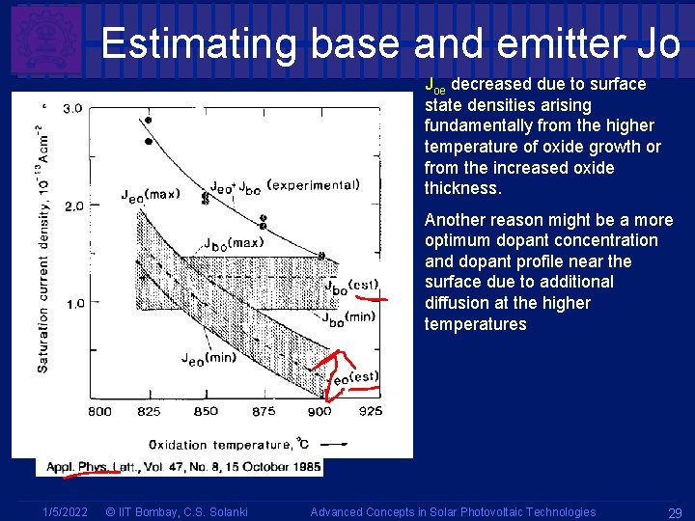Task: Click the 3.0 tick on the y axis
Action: pos(73,109)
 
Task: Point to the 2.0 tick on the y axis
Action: pos(73,206)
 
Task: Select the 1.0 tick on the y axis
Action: pos(73,303)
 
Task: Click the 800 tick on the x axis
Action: pos(99,411)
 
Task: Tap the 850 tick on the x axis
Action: pos(206,411)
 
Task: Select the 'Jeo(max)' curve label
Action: pos(150,195)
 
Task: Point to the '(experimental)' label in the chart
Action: pos(313,184)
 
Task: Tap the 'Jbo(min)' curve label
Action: pos(348,319)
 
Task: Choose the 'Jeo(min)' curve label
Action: pos(208,358)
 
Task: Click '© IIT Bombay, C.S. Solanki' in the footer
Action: pos(176,512)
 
